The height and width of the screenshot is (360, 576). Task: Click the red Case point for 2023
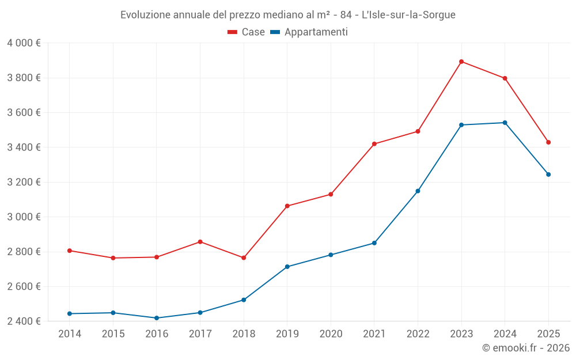pyautogui.click(x=461, y=62)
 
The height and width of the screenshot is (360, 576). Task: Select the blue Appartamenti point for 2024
pyautogui.click(x=505, y=123)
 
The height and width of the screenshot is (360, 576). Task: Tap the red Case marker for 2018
pyautogui.click(x=244, y=257)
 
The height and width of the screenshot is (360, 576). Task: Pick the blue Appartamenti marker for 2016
pyautogui.click(x=157, y=318)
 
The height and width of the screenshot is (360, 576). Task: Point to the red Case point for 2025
pyautogui.click(x=548, y=142)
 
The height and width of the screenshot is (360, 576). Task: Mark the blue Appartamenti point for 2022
pyautogui.click(x=418, y=191)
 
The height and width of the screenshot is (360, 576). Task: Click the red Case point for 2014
pyautogui.click(x=70, y=251)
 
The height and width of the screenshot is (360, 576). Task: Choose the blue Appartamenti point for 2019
pyautogui.click(x=287, y=267)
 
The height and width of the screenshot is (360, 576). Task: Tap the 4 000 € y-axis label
pyautogui.click(x=24, y=43)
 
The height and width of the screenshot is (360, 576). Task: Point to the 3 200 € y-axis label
pyautogui.click(x=24, y=182)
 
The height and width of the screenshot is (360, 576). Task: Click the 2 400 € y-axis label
pyautogui.click(x=24, y=321)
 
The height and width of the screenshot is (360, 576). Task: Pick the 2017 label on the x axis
pyautogui.click(x=200, y=334)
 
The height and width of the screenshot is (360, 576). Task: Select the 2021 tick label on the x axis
pyautogui.click(x=374, y=334)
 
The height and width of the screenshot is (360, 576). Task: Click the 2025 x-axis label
pyautogui.click(x=548, y=334)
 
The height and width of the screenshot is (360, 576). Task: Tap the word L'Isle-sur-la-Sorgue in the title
pyautogui.click(x=408, y=15)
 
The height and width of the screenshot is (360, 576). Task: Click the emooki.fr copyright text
pyautogui.click(x=526, y=348)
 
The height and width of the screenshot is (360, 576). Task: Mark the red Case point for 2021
pyautogui.click(x=374, y=144)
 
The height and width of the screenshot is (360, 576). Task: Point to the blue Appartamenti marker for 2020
pyautogui.click(x=331, y=255)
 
